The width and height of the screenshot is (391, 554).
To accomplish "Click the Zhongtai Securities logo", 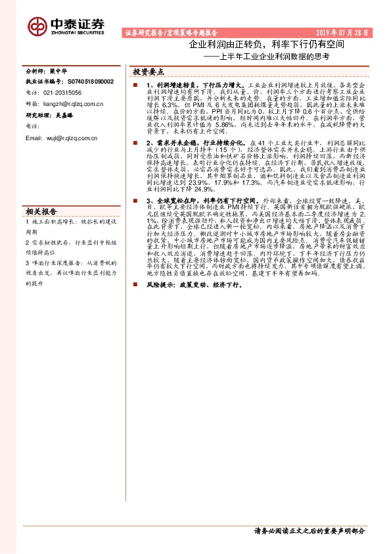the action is pyautogui.click(x=65, y=25).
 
